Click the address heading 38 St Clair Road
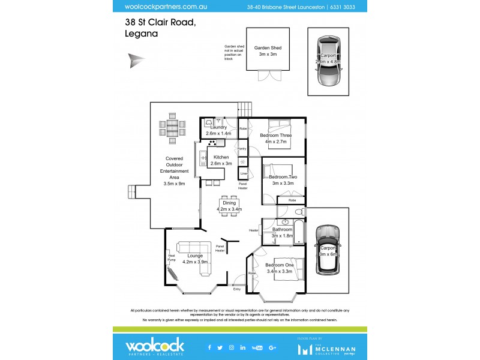coord(160,22)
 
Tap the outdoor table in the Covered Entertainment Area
coord(173,128)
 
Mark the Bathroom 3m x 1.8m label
coord(282,232)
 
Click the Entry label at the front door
coord(237,289)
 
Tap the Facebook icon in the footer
coord(209,347)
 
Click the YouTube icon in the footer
coord(257,347)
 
